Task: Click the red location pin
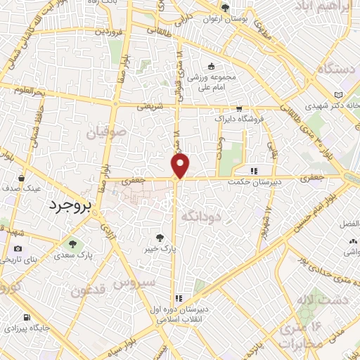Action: tap(181, 165)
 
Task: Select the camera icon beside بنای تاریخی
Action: tap(18, 248)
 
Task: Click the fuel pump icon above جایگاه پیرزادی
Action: tap(26, 317)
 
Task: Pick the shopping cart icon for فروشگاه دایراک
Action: tap(240, 108)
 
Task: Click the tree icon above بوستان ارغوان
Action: tap(225, 8)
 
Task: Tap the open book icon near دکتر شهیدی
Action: tap(340, 95)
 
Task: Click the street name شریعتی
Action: tap(150, 105)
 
